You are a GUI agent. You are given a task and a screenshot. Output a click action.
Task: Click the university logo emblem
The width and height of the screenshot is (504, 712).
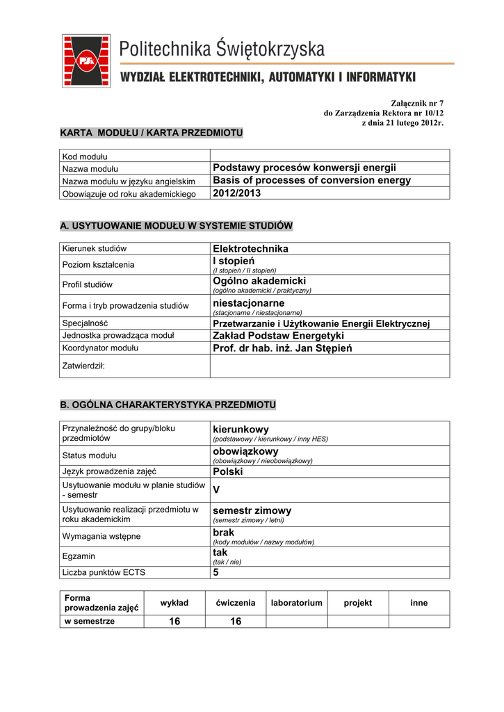click(x=86, y=60)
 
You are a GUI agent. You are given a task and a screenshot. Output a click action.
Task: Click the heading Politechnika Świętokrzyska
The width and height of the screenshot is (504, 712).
click(x=222, y=49)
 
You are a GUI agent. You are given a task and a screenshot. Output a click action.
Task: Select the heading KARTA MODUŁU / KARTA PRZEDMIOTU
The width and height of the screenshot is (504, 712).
click(x=151, y=132)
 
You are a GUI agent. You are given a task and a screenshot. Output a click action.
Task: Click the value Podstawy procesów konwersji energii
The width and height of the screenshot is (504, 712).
click(x=304, y=168)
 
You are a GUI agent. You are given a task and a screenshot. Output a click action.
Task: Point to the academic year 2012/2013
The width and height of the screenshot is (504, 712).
click(x=236, y=193)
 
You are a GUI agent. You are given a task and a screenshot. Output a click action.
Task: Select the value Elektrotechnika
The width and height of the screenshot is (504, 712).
click(x=250, y=248)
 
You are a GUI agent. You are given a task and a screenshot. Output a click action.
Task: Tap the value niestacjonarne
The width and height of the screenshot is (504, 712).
click(x=248, y=304)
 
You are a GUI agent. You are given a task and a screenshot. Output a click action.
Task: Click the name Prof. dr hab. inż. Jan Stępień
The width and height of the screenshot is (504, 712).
click(x=282, y=348)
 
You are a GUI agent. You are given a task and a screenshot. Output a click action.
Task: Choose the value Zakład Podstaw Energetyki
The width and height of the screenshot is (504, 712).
click(x=278, y=336)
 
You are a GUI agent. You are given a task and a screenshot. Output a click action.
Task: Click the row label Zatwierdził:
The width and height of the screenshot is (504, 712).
click(x=83, y=365)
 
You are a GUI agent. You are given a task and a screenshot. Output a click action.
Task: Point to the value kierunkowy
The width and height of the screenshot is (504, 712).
click(x=241, y=430)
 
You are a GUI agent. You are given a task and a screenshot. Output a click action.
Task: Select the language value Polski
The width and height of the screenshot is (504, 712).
click(x=227, y=471)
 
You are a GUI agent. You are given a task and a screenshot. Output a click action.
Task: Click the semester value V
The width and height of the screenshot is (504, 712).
click(x=216, y=489)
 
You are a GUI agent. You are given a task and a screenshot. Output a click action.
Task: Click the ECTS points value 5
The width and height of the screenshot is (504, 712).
click(x=216, y=572)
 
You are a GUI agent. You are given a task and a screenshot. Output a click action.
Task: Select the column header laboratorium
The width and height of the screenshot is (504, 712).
click(x=297, y=603)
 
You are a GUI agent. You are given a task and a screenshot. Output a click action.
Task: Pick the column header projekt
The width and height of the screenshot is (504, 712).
click(x=358, y=603)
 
